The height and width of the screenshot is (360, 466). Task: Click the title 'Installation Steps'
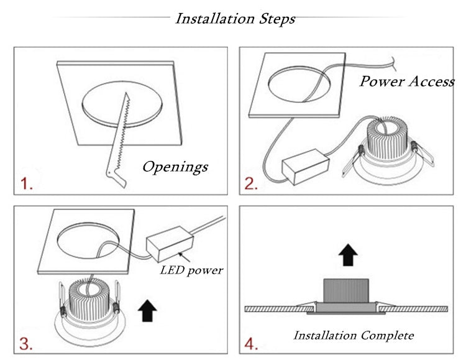235,19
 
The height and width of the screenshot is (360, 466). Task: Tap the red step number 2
250,184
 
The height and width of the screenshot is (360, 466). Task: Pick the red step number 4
251,343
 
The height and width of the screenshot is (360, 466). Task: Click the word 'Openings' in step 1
175,167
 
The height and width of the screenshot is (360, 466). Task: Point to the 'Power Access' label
407,81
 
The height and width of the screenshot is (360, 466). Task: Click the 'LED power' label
191,270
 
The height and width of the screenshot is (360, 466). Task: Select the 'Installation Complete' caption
353,336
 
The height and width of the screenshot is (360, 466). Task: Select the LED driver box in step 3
168,244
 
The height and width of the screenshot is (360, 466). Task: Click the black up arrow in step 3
147,309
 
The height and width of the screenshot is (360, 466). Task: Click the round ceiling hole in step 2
301,82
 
